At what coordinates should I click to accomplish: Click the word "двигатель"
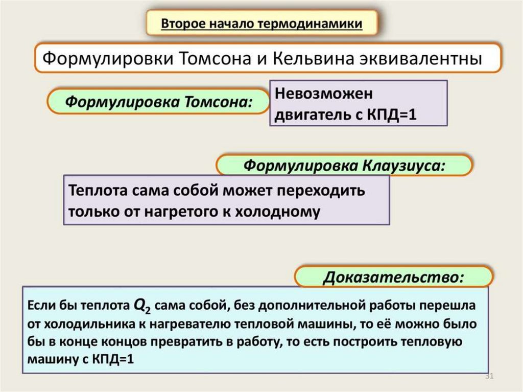coord(311,115)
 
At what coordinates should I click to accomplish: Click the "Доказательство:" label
coord(393,278)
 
